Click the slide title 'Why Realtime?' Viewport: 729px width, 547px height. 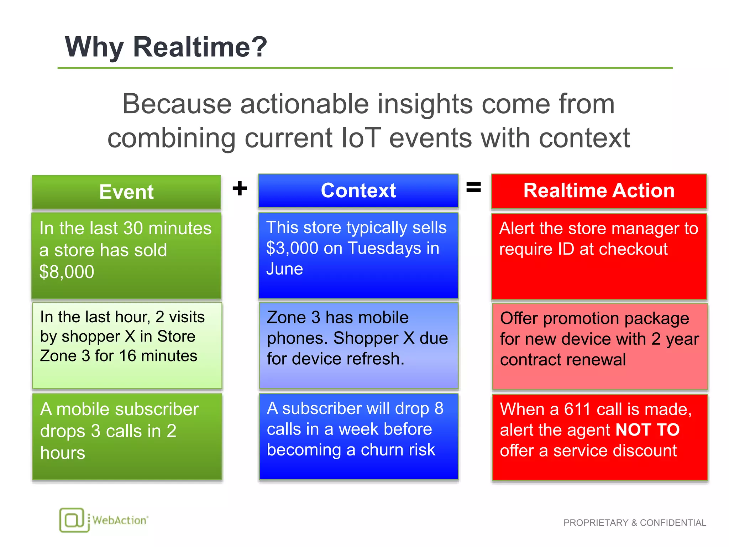[x=166, y=47]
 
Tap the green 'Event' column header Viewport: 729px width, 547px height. [x=126, y=192]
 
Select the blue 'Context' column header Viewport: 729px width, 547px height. [x=358, y=191]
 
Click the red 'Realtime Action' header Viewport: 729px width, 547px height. [x=599, y=191]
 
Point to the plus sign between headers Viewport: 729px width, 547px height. [x=240, y=188]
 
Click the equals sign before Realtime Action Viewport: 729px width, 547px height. [x=473, y=187]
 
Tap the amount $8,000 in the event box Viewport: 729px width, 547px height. [x=67, y=272]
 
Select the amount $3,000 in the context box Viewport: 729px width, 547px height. [x=292, y=248]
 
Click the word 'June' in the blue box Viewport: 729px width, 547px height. [x=284, y=269]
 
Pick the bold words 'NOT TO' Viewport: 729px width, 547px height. [x=647, y=430]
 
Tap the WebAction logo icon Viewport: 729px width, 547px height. [x=74, y=520]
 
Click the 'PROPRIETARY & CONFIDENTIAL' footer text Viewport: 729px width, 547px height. [x=634, y=523]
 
